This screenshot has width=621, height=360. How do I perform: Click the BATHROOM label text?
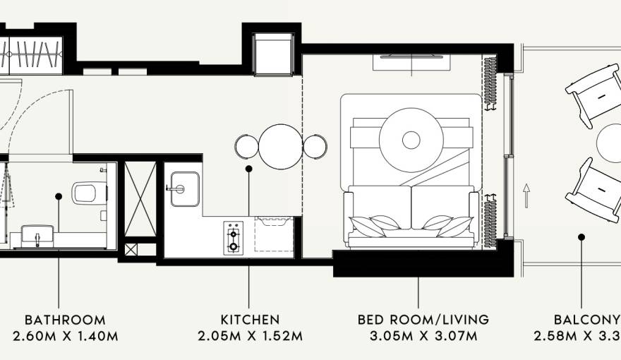pyautogui.click(x=65, y=320)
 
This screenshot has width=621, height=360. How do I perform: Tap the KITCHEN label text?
pyautogui.click(x=250, y=320)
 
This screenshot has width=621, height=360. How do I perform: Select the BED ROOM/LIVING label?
pyautogui.click(x=423, y=320)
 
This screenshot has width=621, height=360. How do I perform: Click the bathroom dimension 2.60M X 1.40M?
pyautogui.click(x=65, y=336)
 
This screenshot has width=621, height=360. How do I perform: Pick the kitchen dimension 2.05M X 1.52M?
pyautogui.click(x=250, y=336)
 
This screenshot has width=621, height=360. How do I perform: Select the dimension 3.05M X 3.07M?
pyautogui.click(x=423, y=336)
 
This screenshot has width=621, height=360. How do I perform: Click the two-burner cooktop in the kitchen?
pyautogui.click(x=233, y=238)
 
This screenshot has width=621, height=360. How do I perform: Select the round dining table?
pyautogui.click(x=280, y=147)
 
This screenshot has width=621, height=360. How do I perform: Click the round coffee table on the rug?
pyautogui.click(x=411, y=139)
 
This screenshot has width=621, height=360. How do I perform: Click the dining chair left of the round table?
pyautogui.click(x=246, y=147)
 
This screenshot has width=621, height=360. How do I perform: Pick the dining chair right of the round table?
pyautogui.click(x=315, y=147)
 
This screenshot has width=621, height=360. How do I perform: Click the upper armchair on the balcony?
pyautogui.click(x=593, y=94)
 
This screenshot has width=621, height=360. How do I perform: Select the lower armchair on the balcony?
pyautogui.click(x=593, y=189)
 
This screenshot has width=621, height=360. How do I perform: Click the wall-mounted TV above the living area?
pyautogui.click(x=411, y=56)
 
